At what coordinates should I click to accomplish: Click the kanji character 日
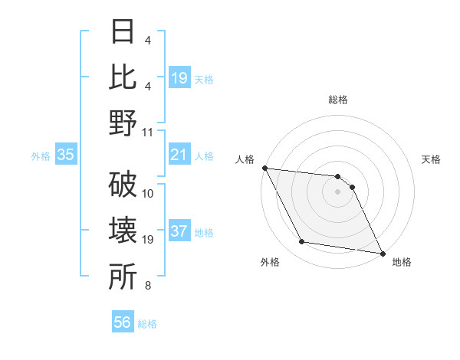click(x=123, y=31)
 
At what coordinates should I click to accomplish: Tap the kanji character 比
click(x=123, y=77)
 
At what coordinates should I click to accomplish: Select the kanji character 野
click(x=123, y=123)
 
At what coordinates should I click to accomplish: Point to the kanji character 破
click(x=123, y=185)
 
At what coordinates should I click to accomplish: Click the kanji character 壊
click(x=123, y=231)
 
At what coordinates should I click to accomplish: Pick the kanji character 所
click(x=123, y=278)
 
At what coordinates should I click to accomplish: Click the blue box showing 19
click(x=179, y=77)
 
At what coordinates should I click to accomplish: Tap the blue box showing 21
click(x=179, y=155)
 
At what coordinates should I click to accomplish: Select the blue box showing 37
click(x=179, y=232)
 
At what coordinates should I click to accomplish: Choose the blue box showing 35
click(x=66, y=155)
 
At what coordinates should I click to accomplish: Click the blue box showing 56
click(x=123, y=322)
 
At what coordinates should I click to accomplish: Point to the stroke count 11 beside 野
click(x=149, y=132)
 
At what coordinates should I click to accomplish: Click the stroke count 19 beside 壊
click(x=149, y=240)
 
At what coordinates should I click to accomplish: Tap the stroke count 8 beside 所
click(x=148, y=286)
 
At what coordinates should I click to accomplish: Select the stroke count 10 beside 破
click(x=149, y=193)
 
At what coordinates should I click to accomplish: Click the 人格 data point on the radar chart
click(x=264, y=168)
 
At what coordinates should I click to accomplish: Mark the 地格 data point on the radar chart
click(x=382, y=253)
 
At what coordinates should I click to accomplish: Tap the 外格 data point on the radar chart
click(x=302, y=242)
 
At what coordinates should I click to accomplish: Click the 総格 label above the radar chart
click(x=338, y=100)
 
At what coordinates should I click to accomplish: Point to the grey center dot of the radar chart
click(x=338, y=191)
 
